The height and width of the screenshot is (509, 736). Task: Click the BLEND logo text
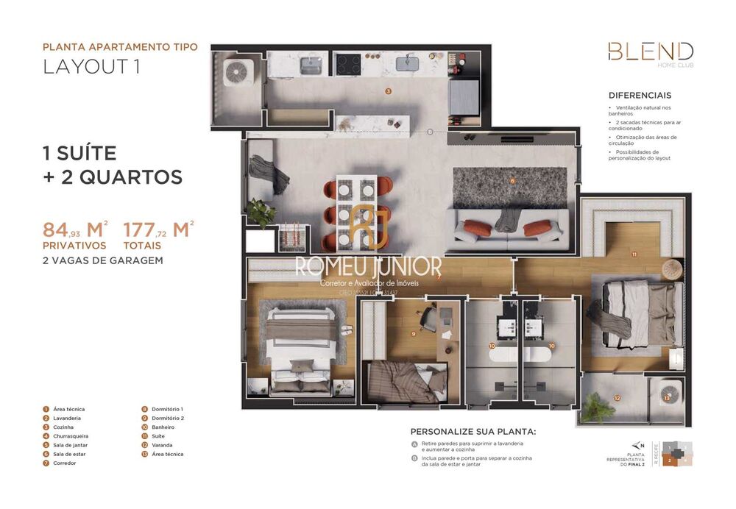[650, 51]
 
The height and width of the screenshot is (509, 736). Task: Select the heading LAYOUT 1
[91, 66]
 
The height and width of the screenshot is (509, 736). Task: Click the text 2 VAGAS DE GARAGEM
[102, 260]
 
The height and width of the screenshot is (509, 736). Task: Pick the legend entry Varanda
[162, 445]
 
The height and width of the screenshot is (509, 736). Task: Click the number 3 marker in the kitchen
[388, 91]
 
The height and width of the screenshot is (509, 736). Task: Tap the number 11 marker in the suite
[634, 254]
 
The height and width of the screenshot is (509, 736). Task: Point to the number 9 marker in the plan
[414, 334]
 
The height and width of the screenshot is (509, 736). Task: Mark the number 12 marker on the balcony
[617, 399]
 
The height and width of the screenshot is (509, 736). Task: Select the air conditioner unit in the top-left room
[238, 72]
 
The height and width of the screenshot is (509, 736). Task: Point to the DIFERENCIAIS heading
[640, 96]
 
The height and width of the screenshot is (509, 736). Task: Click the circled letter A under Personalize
[415, 444]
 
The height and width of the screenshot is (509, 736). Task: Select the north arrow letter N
[643, 445]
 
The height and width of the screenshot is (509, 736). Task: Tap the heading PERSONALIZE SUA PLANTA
[473, 432]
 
